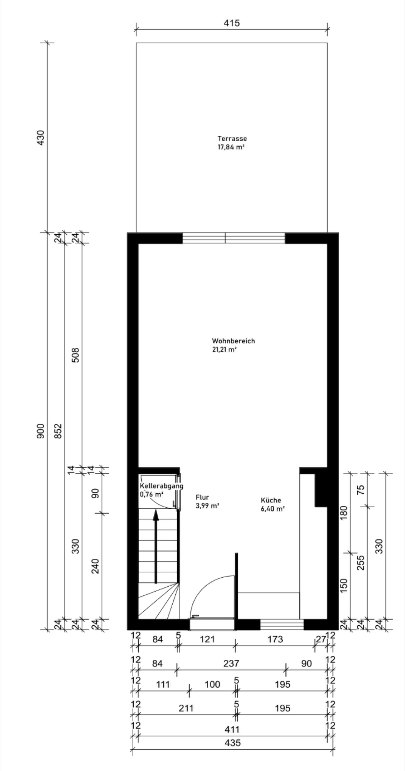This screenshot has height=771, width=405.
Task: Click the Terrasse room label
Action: [x=232, y=138]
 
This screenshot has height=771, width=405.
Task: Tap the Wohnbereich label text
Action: [x=233, y=341]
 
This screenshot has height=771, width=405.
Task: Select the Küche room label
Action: [x=271, y=500]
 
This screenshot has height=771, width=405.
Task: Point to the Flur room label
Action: [x=202, y=497]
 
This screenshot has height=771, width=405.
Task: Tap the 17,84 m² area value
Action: [x=231, y=147]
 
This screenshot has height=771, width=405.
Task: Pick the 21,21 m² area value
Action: [x=224, y=349]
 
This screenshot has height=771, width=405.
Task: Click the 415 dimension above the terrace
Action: [x=232, y=23]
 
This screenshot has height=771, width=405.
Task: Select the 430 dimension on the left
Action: [x=40, y=138]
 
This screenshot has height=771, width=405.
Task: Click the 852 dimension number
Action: [x=58, y=431]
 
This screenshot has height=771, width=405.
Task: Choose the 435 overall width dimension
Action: [x=232, y=743]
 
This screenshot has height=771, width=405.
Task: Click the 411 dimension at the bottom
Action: [x=232, y=729]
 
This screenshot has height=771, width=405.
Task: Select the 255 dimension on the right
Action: [x=362, y=563]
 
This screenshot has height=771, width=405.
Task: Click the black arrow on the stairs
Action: [x=156, y=546]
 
